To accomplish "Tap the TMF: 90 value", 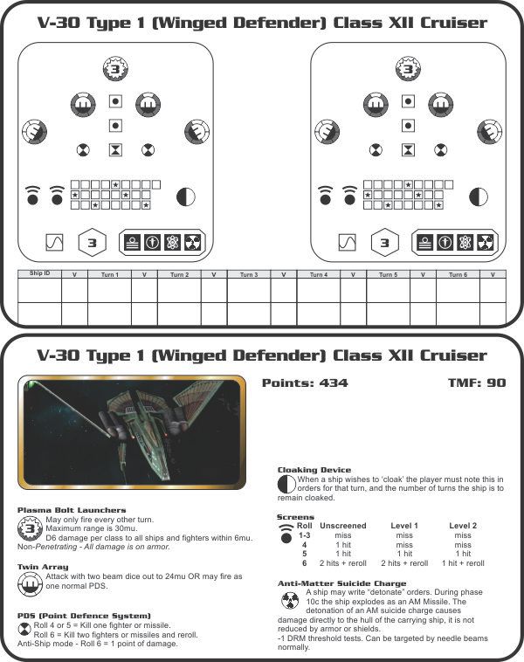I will (x=476, y=383).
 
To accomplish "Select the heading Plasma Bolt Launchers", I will (x=72, y=510).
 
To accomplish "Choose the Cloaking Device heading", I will (x=314, y=470).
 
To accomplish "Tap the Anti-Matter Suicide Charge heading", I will (x=341, y=583).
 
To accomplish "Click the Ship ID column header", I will (x=39, y=274).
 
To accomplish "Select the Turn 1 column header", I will (x=109, y=274).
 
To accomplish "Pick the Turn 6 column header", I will (x=458, y=274).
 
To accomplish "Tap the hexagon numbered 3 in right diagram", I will (x=385, y=242).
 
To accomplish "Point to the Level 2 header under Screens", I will (x=462, y=526).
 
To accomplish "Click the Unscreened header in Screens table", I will (x=343, y=526).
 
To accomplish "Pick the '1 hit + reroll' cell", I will (x=462, y=563).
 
